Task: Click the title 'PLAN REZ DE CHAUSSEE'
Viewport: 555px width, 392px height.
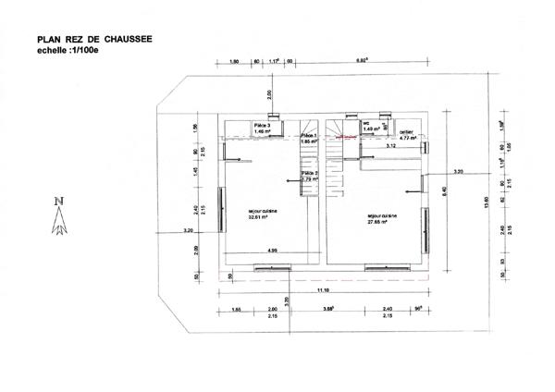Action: point(93,40)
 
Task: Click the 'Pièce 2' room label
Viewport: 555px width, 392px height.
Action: point(309,176)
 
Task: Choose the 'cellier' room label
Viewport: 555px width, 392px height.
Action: point(407,134)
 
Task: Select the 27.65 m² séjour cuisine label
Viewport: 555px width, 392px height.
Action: point(381,218)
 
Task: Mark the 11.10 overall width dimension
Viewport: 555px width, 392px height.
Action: point(321,289)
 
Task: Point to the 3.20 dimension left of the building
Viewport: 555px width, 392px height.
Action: point(189,229)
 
